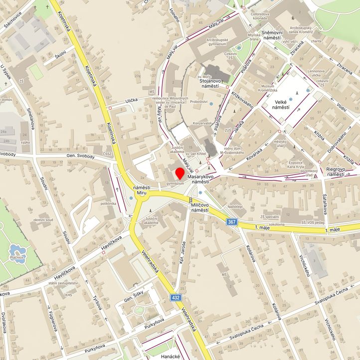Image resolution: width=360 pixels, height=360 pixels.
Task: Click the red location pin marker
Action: click(180, 174)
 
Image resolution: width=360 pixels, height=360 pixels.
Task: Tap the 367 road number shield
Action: click(231, 221)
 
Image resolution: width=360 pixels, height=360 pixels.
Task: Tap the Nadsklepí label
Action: click(235, 206)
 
